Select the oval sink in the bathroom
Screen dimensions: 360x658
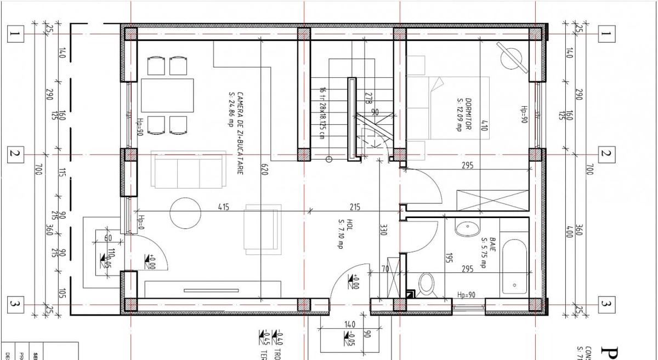(467, 228)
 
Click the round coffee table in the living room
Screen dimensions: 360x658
(185, 214)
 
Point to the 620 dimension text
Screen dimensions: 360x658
(264, 169)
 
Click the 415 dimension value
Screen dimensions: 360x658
(223, 208)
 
